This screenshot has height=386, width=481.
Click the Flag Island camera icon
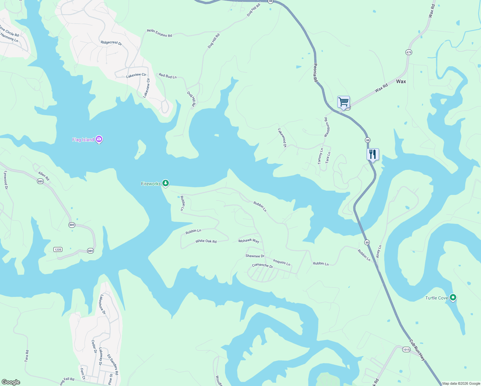[x=99, y=139]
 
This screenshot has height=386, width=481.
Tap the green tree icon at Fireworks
[x=165, y=183]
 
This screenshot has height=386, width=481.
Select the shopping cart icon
[x=343, y=102]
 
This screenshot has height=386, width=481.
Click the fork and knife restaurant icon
[x=373, y=154]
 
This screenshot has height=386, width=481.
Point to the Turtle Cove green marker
[x=453, y=298]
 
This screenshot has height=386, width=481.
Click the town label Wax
[x=401, y=81]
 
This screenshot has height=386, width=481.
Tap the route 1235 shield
[x=58, y=250]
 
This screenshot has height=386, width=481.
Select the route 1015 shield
[x=406, y=350]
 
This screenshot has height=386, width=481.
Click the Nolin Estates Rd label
[x=159, y=33]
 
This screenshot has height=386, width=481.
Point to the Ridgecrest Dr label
[x=111, y=43]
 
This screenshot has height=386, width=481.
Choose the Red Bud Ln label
[x=168, y=76]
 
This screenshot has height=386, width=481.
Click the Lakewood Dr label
[x=282, y=138]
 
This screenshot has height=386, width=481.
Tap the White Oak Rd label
[x=206, y=241]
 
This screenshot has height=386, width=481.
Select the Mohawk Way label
[x=249, y=241]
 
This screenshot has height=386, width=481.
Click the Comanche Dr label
[x=262, y=266]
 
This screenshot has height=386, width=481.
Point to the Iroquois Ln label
[x=282, y=262]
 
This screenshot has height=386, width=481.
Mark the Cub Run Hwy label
[x=417, y=350]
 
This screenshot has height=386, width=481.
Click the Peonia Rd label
[x=315, y=73]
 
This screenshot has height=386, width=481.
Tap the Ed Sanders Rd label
[x=113, y=364]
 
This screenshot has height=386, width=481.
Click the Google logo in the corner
[x=11, y=382]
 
